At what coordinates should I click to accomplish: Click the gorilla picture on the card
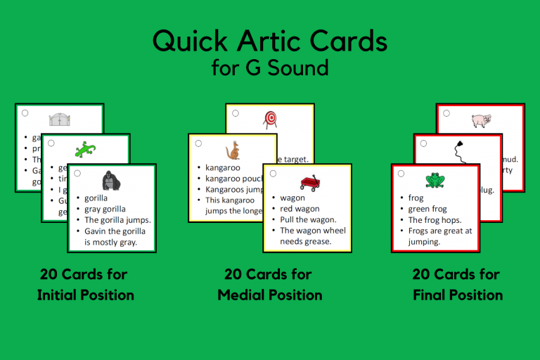point(112,181)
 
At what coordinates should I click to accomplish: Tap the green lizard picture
point(86,149)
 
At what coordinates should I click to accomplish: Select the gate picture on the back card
point(60,119)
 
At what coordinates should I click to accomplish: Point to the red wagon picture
point(308,182)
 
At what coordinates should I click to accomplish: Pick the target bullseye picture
point(270,119)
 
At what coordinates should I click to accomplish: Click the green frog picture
point(435,181)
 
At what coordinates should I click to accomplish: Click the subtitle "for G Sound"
point(270,68)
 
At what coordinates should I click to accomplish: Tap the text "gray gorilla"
point(105,209)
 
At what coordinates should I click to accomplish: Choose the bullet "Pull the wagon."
point(308,219)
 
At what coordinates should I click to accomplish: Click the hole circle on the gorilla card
point(77,172)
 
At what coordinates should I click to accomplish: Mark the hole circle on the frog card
point(401,172)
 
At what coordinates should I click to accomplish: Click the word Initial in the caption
point(61,295)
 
